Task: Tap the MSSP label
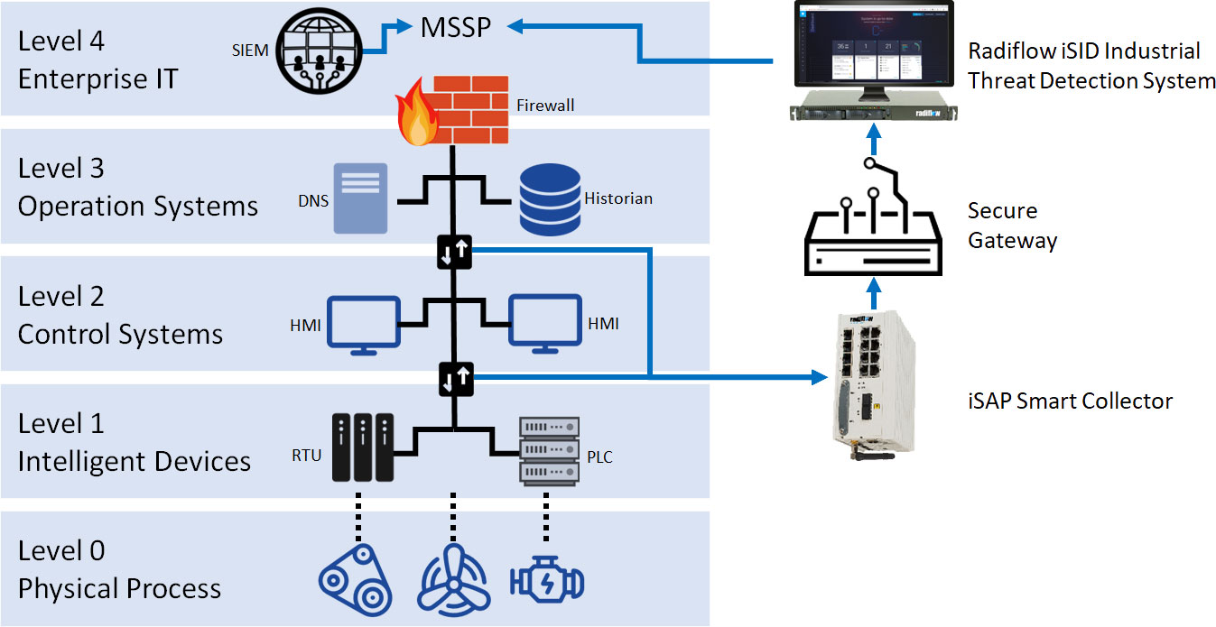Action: [456, 28]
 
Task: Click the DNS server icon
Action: [360, 198]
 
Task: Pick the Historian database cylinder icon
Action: [549, 198]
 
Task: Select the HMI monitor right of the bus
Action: [544, 321]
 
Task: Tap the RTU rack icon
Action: [359, 447]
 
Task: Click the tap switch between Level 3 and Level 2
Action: [453, 251]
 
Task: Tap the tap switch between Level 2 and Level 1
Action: [453, 379]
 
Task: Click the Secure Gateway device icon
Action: [872, 229]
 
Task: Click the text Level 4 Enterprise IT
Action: [97, 60]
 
